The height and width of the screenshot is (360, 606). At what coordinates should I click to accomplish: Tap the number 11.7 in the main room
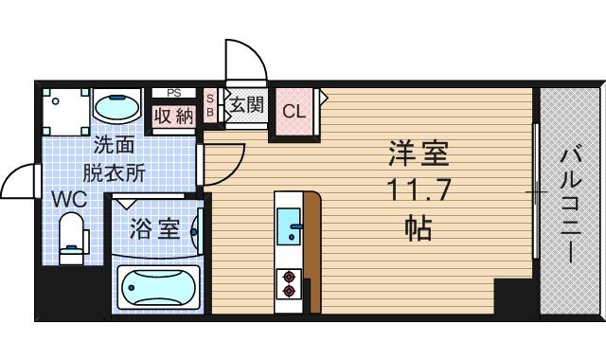(x=416, y=190)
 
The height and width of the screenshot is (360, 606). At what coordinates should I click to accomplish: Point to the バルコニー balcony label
(x=570, y=204)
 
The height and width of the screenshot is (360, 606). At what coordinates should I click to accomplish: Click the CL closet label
(x=294, y=110)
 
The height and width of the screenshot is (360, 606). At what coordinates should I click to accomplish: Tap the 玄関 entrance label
(x=244, y=104)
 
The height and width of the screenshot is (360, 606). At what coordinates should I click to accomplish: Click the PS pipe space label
(x=173, y=93)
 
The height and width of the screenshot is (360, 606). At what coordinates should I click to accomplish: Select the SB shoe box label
(x=210, y=104)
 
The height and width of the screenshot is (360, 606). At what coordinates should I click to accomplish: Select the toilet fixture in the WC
(x=71, y=238)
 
